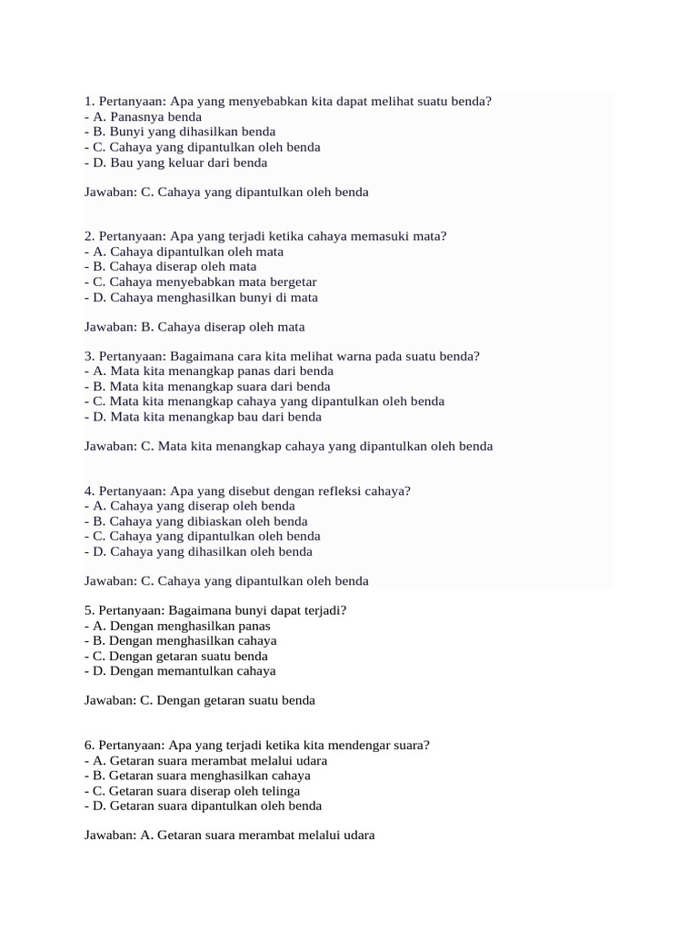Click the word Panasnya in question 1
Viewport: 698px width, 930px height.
pos(139,117)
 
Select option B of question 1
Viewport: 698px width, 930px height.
pos(179,132)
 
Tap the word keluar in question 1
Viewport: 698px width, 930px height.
pos(189,163)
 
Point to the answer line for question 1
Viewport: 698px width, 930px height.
pos(226,193)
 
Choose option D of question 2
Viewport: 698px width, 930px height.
pos(201,297)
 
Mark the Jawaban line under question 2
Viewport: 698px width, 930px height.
pos(194,327)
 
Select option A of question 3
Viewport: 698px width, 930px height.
pos(209,371)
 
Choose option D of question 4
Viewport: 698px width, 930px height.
pos(198,551)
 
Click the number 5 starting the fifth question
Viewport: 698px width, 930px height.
pos(88,611)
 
